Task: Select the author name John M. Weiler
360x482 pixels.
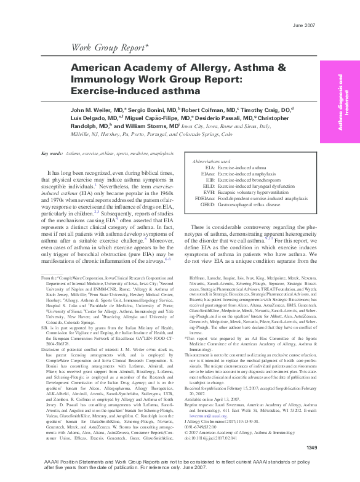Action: (x=97, y=110)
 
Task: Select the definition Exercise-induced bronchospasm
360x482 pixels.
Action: (x=250, y=179)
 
